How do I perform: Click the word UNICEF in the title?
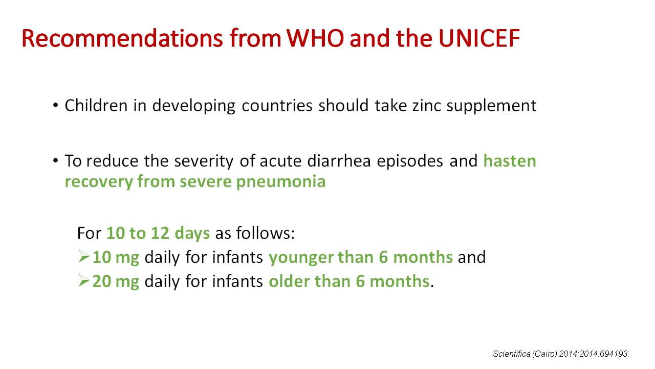click(479, 38)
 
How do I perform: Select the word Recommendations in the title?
click(122, 38)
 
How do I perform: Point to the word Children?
click(96, 106)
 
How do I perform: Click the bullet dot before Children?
click(56, 105)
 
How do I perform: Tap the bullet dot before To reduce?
click(56, 160)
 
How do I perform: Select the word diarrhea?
click(339, 161)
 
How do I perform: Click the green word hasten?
click(510, 161)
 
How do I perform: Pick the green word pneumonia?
click(281, 182)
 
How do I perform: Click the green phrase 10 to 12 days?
click(158, 233)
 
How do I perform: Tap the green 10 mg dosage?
click(116, 258)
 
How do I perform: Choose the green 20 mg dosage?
click(116, 282)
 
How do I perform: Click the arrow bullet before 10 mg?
click(83, 257)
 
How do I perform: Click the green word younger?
click(300, 258)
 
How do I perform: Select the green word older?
click(289, 281)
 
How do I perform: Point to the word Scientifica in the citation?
click(512, 354)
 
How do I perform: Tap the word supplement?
click(492, 106)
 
